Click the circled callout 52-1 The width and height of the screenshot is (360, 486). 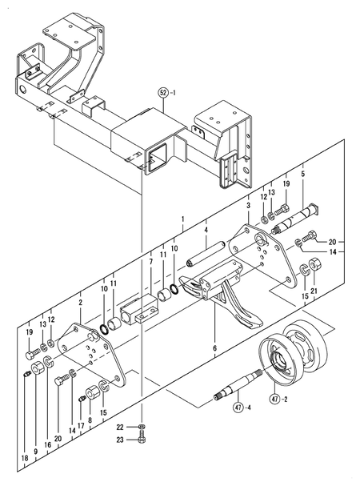(x=165, y=91)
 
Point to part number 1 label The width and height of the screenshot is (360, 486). (x=182, y=219)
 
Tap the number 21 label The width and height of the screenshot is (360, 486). (x=314, y=290)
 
